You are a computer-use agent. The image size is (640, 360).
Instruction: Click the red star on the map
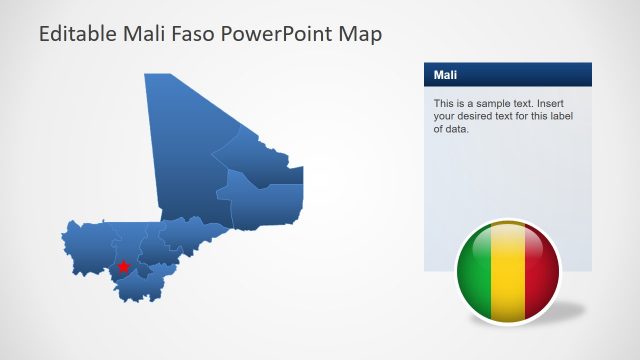(123, 267)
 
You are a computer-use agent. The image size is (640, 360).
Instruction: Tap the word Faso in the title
(199, 34)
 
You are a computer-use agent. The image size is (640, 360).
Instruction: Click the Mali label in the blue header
(445, 75)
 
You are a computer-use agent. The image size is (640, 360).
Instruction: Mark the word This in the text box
(444, 103)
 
